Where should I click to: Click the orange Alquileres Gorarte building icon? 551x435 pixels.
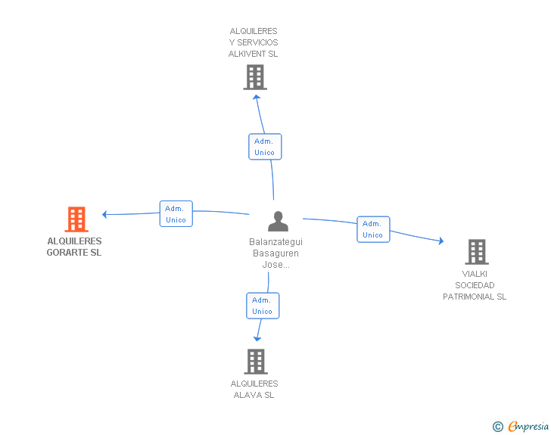[x=76, y=219]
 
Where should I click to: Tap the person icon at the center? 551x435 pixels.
[x=279, y=222]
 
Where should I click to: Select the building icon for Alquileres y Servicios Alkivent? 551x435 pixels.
[x=255, y=77]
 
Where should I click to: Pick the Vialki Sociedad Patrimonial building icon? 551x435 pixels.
[x=476, y=251]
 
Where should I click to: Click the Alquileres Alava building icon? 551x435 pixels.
[x=256, y=362]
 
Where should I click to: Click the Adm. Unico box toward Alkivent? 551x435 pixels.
[x=265, y=147]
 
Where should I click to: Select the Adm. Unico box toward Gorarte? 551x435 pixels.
[x=176, y=214]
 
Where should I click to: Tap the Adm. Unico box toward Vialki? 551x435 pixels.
[x=373, y=229]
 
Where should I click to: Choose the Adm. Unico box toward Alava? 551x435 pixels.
[x=263, y=306]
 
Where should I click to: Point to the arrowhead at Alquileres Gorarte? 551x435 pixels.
[x=106, y=214]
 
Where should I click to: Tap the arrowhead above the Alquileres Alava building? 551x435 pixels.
[x=258, y=338]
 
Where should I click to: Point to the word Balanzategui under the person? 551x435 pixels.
[x=275, y=242]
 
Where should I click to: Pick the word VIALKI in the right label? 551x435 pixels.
[x=475, y=274]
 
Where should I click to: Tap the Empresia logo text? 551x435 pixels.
[x=528, y=427]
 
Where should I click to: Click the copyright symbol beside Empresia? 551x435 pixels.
[x=498, y=427]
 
